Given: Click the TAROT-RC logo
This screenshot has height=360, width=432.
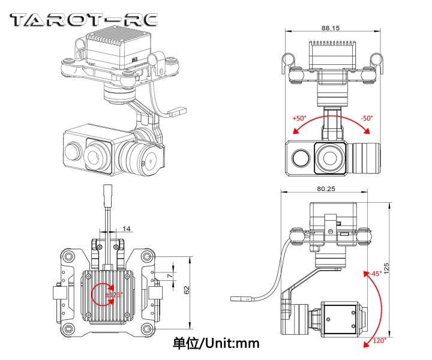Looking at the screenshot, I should (x=84, y=19).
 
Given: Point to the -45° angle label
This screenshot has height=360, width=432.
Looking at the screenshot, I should (x=375, y=273).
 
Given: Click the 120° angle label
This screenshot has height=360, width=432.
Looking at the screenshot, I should (x=378, y=341).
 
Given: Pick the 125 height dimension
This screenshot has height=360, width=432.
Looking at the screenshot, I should (x=404, y=267).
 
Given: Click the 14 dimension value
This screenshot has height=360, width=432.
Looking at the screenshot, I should (x=126, y=229).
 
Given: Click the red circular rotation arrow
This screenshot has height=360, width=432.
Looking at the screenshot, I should (x=103, y=293).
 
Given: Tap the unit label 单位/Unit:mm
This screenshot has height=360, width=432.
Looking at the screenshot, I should (x=216, y=343).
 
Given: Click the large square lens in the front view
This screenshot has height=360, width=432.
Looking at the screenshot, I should (x=331, y=157).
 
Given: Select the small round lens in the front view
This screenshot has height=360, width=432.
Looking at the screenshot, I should (x=301, y=157).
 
